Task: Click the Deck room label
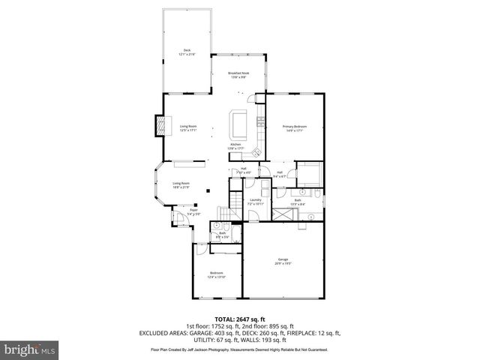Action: coord(187,53)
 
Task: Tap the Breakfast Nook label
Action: coord(239,74)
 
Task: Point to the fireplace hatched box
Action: coord(159,126)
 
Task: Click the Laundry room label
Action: coord(256,201)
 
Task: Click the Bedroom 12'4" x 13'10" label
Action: coord(216,274)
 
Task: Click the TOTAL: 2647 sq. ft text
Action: coord(240,318)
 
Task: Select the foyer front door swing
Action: coord(180,219)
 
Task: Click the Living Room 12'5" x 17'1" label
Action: coord(187,127)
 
